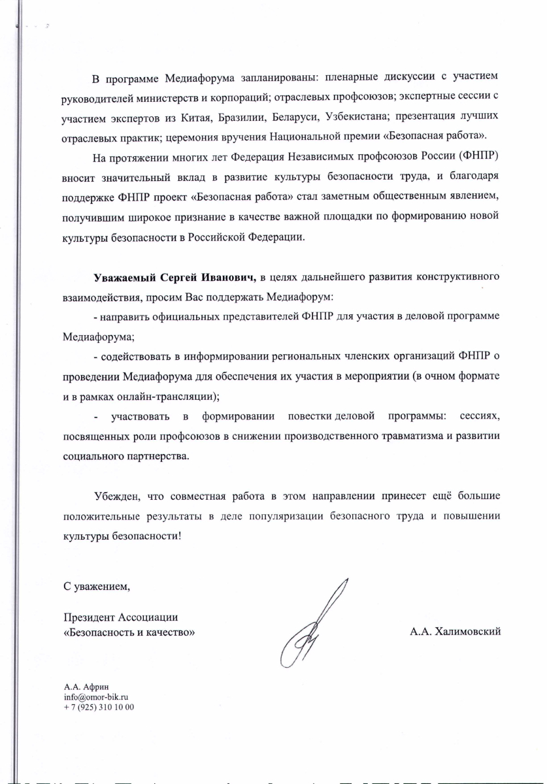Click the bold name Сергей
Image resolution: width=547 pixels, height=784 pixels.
[x=177, y=277]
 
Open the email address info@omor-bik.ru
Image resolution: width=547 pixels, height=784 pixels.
[x=95, y=697]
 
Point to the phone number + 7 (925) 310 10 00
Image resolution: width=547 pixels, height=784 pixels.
[x=99, y=707]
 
